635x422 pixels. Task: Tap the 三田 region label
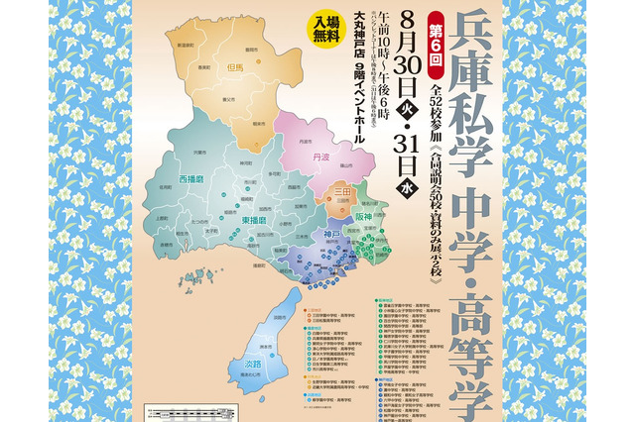pos(342,194)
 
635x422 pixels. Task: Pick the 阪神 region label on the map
pos(362,217)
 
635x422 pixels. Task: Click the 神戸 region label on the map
pos(315,236)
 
